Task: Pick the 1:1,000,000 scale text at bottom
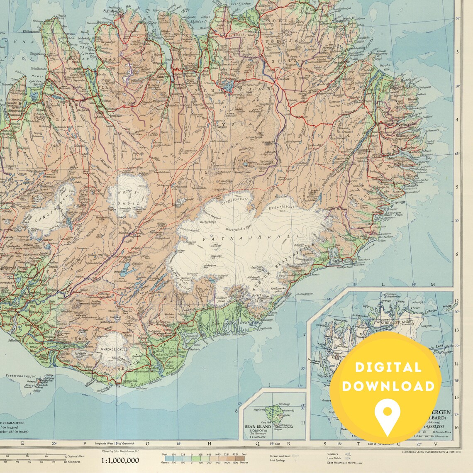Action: (x=120, y=460)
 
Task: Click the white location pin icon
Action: (x=386, y=412)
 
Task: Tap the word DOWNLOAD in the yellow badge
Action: (x=388, y=386)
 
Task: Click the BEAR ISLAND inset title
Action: (x=257, y=427)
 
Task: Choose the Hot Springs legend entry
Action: (x=278, y=460)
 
